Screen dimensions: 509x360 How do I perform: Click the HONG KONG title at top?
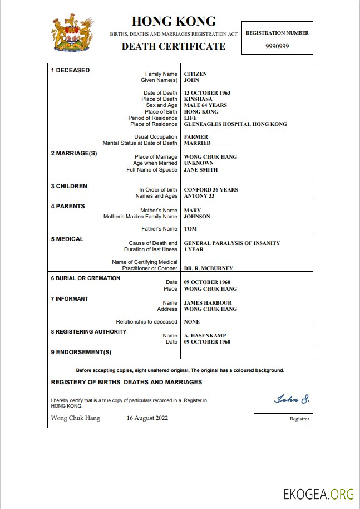tap(174, 22)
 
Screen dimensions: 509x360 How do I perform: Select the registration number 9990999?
tap(277, 46)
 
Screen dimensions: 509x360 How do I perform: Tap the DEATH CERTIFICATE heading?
tap(174, 46)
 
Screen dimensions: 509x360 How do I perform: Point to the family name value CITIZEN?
tap(195, 74)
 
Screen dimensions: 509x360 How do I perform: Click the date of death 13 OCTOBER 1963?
tap(207, 93)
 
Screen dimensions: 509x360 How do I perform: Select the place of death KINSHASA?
tap(198, 99)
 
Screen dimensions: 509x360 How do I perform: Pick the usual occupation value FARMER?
tap(196, 137)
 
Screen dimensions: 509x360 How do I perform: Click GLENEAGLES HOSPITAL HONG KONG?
tap(235, 124)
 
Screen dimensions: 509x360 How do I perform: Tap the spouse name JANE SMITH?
tap(201, 169)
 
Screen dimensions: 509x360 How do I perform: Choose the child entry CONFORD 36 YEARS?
tap(211, 190)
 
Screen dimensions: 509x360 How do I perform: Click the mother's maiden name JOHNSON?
tap(197, 217)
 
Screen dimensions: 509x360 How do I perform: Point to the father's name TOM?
tap(190, 229)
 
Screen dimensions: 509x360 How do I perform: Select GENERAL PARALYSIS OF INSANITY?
tap(232, 243)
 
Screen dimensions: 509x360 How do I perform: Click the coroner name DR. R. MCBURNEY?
tap(209, 268)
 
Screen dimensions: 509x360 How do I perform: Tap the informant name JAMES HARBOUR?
tap(207, 303)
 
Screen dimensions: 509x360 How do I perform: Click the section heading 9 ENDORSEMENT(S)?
tap(81, 353)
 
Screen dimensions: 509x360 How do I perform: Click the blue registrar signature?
tap(292, 399)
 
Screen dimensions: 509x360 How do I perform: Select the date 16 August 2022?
tap(147, 418)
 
